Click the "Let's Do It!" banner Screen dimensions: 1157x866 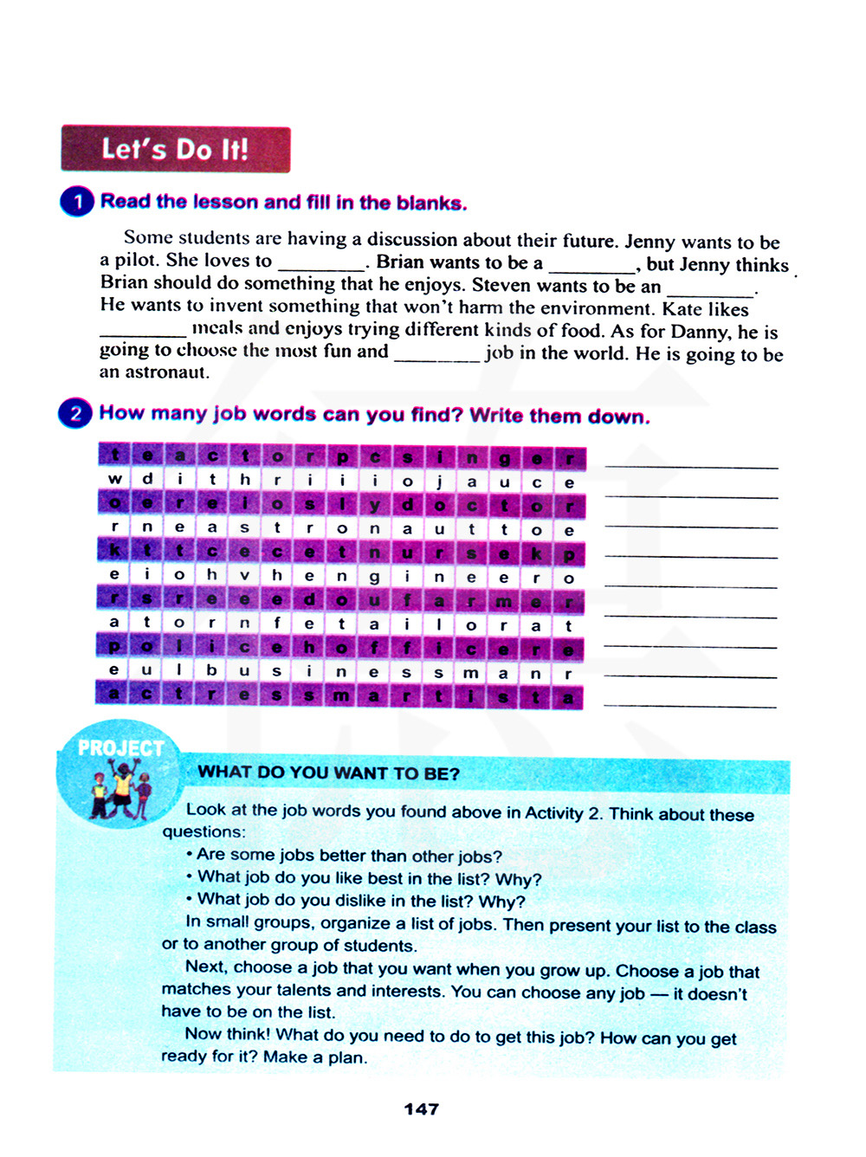point(175,149)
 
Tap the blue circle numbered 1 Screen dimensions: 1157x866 point(77,202)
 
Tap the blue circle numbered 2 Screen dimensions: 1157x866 point(75,413)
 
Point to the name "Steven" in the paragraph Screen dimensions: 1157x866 point(502,285)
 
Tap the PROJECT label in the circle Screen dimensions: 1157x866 point(120,747)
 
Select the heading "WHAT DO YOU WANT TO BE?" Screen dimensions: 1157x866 point(328,773)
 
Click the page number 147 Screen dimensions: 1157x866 point(421,1109)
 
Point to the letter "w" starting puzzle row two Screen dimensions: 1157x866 point(114,479)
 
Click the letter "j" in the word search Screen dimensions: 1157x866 point(439,482)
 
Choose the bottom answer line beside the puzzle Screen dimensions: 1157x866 point(689,705)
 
